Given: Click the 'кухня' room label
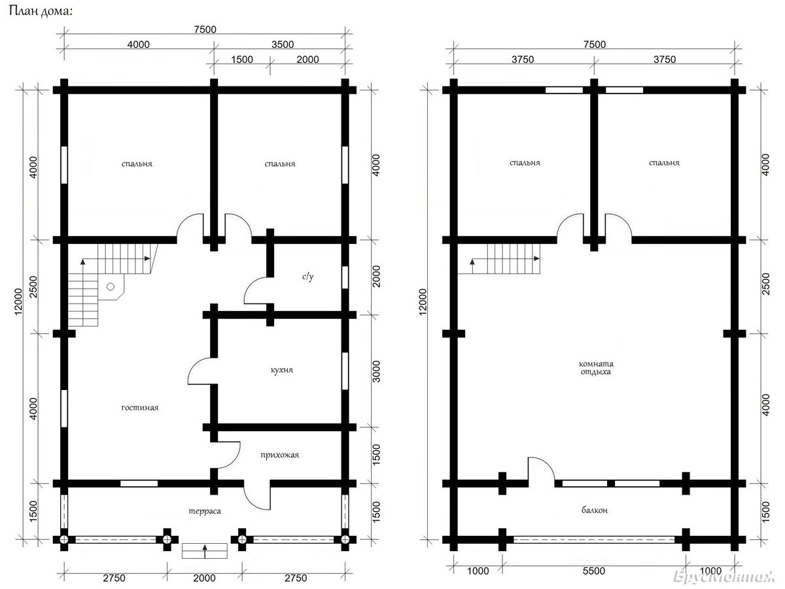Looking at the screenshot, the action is tap(282, 370).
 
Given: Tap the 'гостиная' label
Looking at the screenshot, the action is tap(140, 408).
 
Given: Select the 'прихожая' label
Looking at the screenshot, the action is tap(280, 455).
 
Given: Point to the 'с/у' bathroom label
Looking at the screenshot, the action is tap(308, 276).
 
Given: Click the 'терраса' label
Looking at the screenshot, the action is tap(205, 511).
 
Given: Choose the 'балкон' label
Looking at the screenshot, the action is tap(595, 510).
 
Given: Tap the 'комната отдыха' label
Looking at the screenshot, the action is tap(596, 368).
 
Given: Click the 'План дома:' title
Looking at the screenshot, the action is tap(41, 11).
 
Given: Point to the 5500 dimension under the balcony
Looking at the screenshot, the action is tap(594, 571).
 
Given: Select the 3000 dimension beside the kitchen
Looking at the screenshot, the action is tap(376, 372).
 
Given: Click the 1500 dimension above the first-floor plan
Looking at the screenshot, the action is tap(242, 60).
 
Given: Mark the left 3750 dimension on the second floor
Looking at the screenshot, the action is tap(523, 60).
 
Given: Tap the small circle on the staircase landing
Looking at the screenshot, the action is tap(111, 287).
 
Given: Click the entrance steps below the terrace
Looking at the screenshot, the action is tap(205, 551).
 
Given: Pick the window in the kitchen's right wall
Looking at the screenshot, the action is tap(345, 371).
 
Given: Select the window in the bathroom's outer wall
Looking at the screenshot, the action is tap(345, 277).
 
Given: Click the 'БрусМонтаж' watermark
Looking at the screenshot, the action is tap(724, 577).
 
